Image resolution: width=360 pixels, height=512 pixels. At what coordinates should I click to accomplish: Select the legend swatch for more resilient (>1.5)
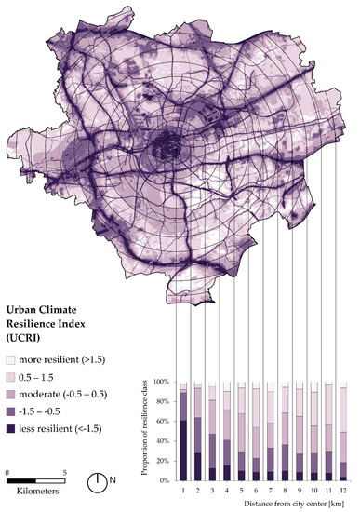[11, 359]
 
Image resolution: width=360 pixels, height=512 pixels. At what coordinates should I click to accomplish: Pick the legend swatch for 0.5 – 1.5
[11, 376]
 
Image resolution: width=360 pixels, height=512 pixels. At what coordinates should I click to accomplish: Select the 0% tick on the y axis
[166, 480]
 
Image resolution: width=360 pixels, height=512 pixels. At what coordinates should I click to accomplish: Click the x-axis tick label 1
[184, 489]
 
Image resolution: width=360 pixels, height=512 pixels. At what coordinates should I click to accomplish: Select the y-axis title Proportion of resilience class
[145, 430]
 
